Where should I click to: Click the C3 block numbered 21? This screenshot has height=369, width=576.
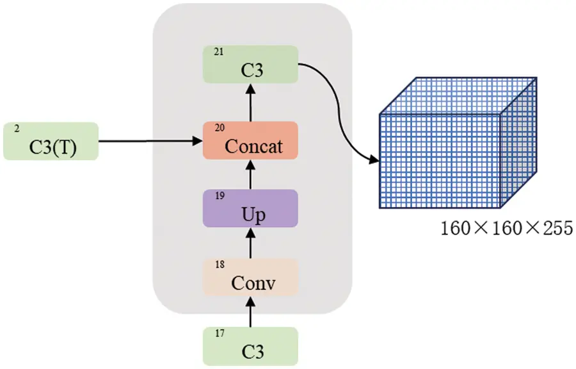tap(250, 64)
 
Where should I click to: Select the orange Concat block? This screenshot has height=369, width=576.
tap(250, 140)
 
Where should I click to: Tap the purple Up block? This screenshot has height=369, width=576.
tap(250, 208)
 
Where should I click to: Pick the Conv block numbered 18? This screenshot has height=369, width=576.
tap(250, 277)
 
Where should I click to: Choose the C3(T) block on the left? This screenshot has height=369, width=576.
tap(51, 141)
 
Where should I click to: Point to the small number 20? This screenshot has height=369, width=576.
tap(220, 128)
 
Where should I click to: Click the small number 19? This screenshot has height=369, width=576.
tap(220, 196)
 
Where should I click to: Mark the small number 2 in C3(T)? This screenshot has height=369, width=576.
tap(17, 129)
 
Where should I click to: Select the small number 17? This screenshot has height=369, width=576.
tap(220, 333)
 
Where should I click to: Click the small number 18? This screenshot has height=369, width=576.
tap(220, 265)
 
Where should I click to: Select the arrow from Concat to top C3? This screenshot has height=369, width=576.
tap(250, 102)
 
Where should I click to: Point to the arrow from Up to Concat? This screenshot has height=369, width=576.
tap(250, 174)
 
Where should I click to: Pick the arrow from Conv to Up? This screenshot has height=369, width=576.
tap(250, 243)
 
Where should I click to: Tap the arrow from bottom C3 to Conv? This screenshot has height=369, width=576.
tap(250, 311)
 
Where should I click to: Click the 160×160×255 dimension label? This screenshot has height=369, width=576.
tap(506, 228)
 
